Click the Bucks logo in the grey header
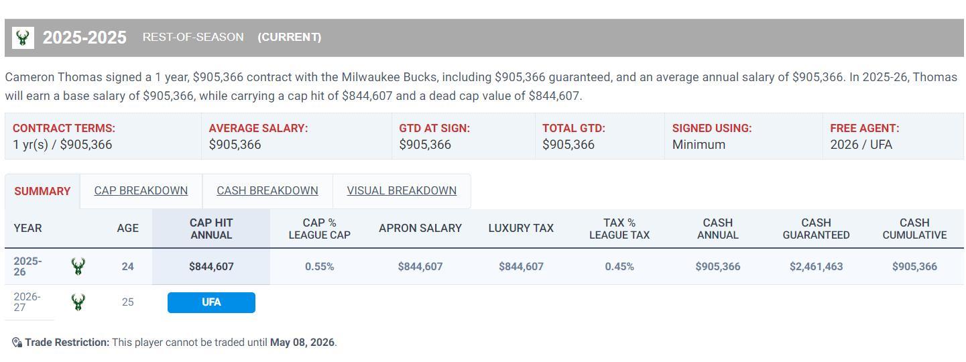(x=23, y=38)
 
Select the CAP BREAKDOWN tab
(x=141, y=190)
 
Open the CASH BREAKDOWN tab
(x=267, y=190)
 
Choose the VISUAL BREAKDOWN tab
(x=402, y=190)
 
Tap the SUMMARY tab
(x=42, y=191)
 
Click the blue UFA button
(x=211, y=302)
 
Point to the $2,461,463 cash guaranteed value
(x=816, y=267)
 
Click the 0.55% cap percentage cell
(x=319, y=267)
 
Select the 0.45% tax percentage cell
(x=619, y=267)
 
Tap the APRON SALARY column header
(x=420, y=229)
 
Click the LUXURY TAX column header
(x=521, y=229)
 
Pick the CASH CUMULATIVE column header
(x=914, y=229)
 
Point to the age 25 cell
(x=127, y=302)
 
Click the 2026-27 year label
(x=27, y=302)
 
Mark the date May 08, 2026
(x=302, y=343)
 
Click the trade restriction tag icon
(x=17, y=343)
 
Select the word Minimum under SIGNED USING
(x=699, y=145)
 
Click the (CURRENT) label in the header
(x=289, y=38)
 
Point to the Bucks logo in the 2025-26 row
(x=78, y=267)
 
